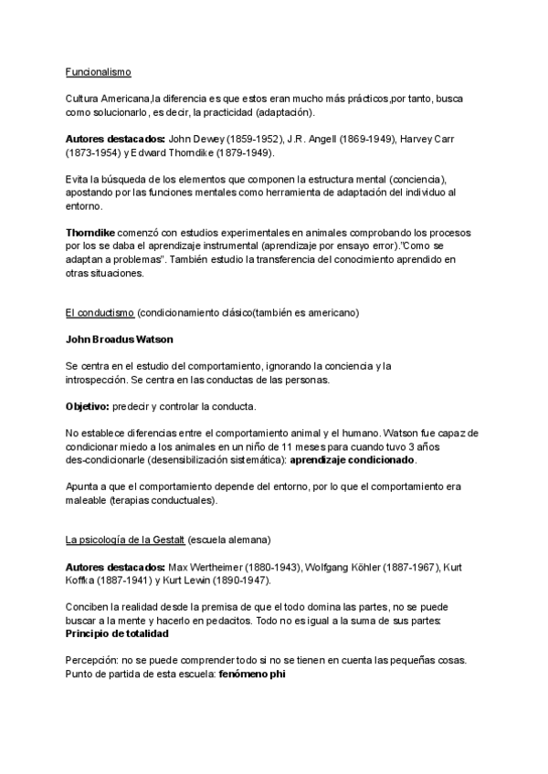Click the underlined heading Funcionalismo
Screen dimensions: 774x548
pos(99,71)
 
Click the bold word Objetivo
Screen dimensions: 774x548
pos(86,405)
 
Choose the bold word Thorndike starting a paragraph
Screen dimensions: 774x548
pos(95,233)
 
